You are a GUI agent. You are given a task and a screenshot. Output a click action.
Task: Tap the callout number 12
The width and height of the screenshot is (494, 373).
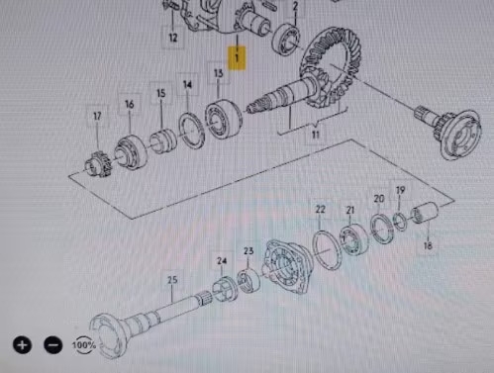coord(172,39)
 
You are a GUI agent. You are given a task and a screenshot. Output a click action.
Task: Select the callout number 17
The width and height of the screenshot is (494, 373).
coord(97,117)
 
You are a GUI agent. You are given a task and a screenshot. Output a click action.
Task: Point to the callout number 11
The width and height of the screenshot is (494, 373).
coord(315,134)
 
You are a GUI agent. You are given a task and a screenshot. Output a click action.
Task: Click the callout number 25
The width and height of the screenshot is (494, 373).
coord(172,280)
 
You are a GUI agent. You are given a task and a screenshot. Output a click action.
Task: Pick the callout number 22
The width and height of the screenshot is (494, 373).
coord(320,210)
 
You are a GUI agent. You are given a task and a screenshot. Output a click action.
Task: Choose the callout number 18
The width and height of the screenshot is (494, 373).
coord(428,245)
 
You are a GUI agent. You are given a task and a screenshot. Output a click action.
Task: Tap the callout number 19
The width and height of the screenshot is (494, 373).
coord(400,190)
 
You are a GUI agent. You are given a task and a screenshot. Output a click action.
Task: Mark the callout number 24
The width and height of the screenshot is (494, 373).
coord(222,262)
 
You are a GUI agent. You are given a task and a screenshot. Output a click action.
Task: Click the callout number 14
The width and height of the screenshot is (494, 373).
coord(188,88)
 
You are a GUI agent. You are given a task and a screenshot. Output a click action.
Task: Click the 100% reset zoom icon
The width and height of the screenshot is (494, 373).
coord(85,345)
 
